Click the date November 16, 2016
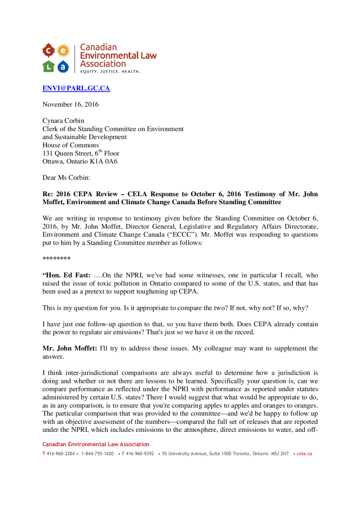pyautogui.click(x=70, y=105)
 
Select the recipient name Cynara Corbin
pyautogui.click(x=64, y=121)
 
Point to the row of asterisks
pyautogui.click(x=56, y=259)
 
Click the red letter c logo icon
pyautogui.click(x=48, y=50)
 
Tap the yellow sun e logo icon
pyautogui.click(x=63, y=50)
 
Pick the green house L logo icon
pyautogui.click(x=48, y=65)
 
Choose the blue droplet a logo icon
pyautogui.click(x=63, y=65)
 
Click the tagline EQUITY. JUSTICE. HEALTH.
pyautogui.click(x=111, y=72)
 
